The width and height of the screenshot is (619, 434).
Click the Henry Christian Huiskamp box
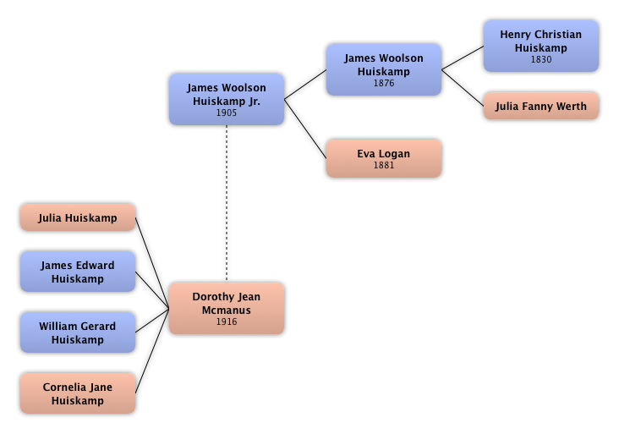540,47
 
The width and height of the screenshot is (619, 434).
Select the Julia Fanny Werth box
540,107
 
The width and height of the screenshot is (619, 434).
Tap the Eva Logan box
383,158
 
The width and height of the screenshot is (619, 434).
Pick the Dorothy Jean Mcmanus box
226,308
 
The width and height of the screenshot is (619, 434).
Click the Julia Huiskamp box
77,217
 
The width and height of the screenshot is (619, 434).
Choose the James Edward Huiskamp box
77,272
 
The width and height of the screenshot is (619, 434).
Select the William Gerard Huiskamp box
77,332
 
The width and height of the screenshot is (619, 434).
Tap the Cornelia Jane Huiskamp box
77,393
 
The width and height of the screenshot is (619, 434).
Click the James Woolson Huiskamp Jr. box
226,99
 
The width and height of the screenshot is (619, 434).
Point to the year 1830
540,60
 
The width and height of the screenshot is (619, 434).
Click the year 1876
383,84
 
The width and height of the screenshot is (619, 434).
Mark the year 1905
226,113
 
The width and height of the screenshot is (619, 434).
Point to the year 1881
383,165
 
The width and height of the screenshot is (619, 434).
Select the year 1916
226,322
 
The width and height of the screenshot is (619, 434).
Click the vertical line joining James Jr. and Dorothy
227,203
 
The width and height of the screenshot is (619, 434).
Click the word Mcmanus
226,310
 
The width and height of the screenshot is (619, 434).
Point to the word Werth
570,107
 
